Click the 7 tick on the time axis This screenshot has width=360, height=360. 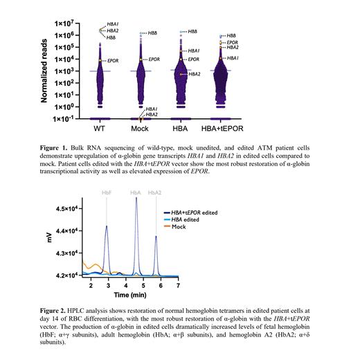[x=178, y=285]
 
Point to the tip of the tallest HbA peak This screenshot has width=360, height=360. [x=136, y=198]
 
